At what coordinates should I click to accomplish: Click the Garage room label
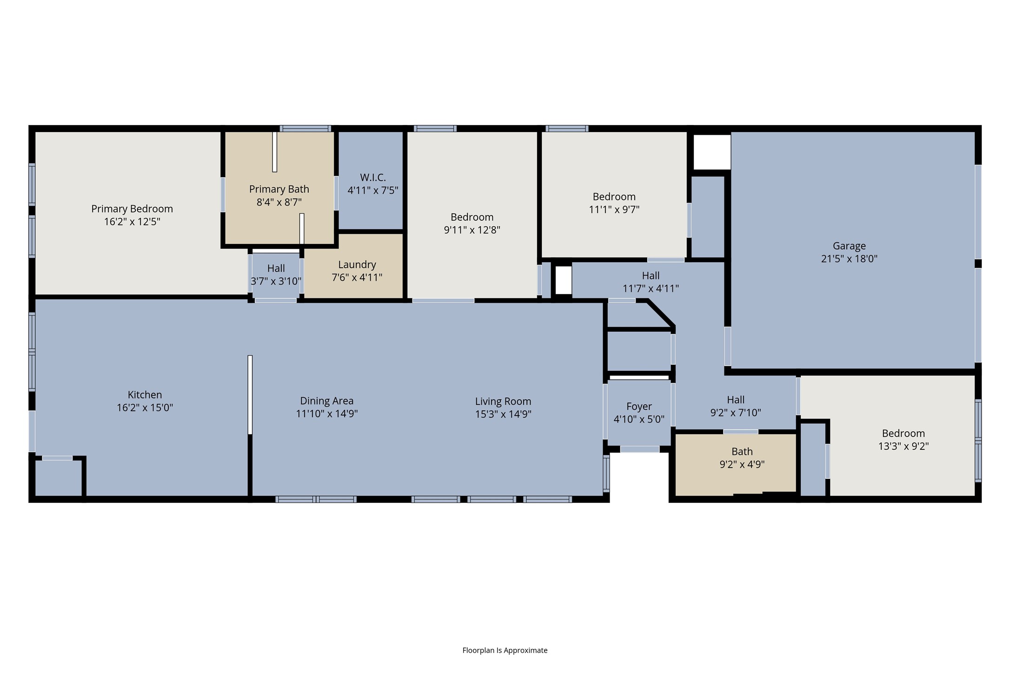(x=849, y=246)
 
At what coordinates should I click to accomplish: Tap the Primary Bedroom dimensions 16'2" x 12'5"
(x=132, y=222)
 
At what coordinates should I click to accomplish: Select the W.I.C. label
(x=372, y=178)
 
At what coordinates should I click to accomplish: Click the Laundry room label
(x=357, y=264)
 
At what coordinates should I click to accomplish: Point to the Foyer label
(x=639, y=407)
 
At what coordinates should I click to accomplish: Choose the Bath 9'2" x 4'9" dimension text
(x=742, y=464)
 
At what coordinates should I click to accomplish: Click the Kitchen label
(x=145, y=395)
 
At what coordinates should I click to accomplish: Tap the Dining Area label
(x=326, y=401)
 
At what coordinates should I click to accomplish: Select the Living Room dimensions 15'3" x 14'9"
(x=503, y=414)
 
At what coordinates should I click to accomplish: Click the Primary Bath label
(x=279, y=189)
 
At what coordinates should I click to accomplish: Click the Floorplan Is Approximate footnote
(x=505, y=650)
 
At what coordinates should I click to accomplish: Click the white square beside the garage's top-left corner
(x=711, y=152)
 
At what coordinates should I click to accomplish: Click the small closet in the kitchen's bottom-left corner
(x=58, y=478)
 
